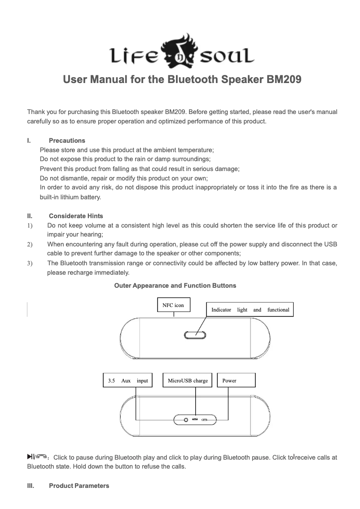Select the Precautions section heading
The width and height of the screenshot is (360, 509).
[x=67, y=140]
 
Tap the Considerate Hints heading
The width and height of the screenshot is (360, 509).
[x=76, y=216]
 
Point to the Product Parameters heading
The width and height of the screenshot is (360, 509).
[x=79, y=486]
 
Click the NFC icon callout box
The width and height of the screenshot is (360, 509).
[x=173, y=305]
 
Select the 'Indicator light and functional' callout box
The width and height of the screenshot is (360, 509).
[x=250, y=310]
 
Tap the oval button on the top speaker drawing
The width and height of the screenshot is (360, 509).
[x=195, y=335]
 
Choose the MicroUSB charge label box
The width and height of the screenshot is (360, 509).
[x=188, y=381]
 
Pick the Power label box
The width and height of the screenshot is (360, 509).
[x=236, y=381]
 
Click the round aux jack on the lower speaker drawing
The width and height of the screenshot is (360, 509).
[x=186, y=420]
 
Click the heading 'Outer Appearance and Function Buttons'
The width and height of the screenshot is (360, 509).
[x=175, y=285]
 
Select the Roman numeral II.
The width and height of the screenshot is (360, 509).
[x=29, y=216]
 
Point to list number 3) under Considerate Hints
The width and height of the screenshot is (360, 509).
[x=30, y=264]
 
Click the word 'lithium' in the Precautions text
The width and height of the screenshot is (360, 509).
[x=70, y=197]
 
